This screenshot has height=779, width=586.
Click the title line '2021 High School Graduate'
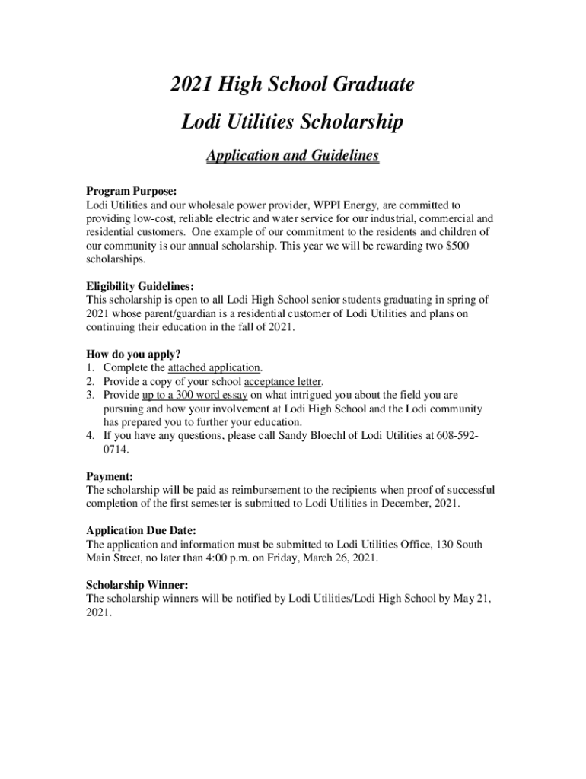[x=292, y=85]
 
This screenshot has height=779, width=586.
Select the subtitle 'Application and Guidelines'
[x=292, y=156]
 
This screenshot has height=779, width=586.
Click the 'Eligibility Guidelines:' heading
[x=140, y=286]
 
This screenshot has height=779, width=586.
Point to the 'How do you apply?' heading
[x=133, y=353]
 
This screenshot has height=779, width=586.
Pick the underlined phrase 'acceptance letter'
[x=283, y=381]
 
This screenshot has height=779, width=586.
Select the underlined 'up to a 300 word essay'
[x=195, y=395]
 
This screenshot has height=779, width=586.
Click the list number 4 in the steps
[x=89, y=436]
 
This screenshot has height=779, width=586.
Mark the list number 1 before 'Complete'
[x=89, y=367]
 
